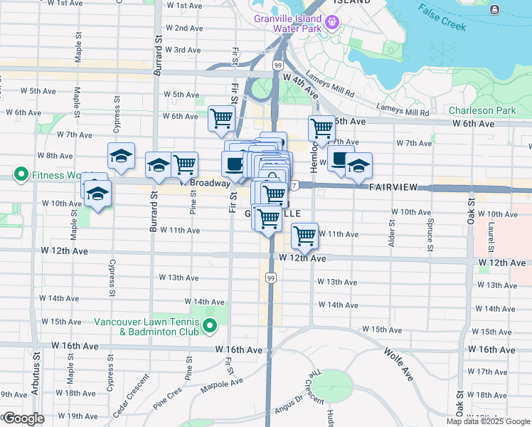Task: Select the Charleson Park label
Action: pos(482,110)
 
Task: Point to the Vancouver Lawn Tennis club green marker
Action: pos(210,327)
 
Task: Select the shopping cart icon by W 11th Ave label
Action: pos(304,235)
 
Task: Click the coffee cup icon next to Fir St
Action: pos(233,165)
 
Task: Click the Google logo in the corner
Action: pos(23,418)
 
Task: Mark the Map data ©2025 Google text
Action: pos(488,421)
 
